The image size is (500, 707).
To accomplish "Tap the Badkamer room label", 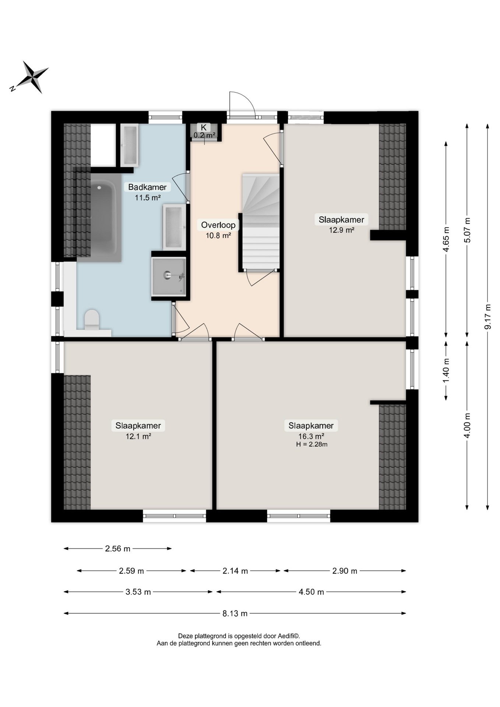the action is [x=147, y=187].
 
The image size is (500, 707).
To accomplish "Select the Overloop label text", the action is [x=218, y=225].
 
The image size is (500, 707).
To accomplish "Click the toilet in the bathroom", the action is [x=92, y=320].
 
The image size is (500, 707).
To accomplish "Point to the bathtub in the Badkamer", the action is [x=105, y=217].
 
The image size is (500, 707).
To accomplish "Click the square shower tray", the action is [x=169, y=276].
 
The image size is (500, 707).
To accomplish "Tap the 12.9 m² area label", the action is [x=342, y=230].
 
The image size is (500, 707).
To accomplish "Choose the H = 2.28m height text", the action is [x=311, y=444].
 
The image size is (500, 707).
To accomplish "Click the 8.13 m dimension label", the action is [x=235, y=613].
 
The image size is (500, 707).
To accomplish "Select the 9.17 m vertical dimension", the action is [x=487, y=316].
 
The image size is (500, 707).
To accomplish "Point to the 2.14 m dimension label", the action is [x=235, y=571].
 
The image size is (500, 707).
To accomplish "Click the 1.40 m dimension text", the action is [x=446, y=370].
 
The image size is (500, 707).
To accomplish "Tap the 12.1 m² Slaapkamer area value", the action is [x=138, y=436].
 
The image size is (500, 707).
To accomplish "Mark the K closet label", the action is [x=204, y=127].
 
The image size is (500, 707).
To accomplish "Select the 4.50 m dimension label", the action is [x=311, y=592].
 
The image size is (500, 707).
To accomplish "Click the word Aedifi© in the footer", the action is [x=289, y=636].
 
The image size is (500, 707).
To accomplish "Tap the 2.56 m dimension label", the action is [x=118, y=549].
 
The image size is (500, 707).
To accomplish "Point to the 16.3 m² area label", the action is [x=311, y=437].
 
